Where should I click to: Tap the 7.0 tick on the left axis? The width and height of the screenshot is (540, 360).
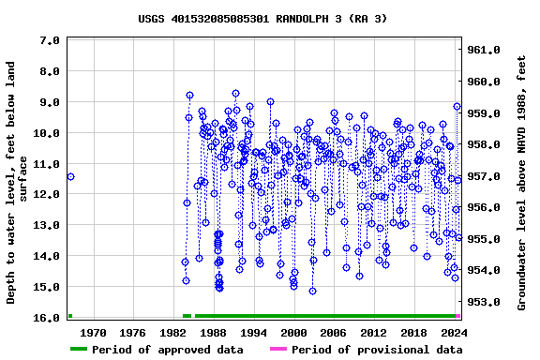click(x=51, y=40)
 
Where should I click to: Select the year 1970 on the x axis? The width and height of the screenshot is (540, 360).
click(x=93, y=333)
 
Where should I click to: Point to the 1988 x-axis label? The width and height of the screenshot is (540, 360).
click(x=214, y=333)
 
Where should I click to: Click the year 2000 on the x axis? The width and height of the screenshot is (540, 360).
click(x=293, y=333)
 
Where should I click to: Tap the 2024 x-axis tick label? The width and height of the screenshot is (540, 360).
click(x=454, y=333)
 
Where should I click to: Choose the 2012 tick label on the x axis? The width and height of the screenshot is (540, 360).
click(x=374, y=333)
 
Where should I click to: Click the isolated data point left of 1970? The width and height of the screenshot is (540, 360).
click(x=70, y=176)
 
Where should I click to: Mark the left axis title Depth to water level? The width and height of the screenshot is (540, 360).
click(x=18, y=183)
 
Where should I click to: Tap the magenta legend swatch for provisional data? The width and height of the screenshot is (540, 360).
click(x=278, y=350)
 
